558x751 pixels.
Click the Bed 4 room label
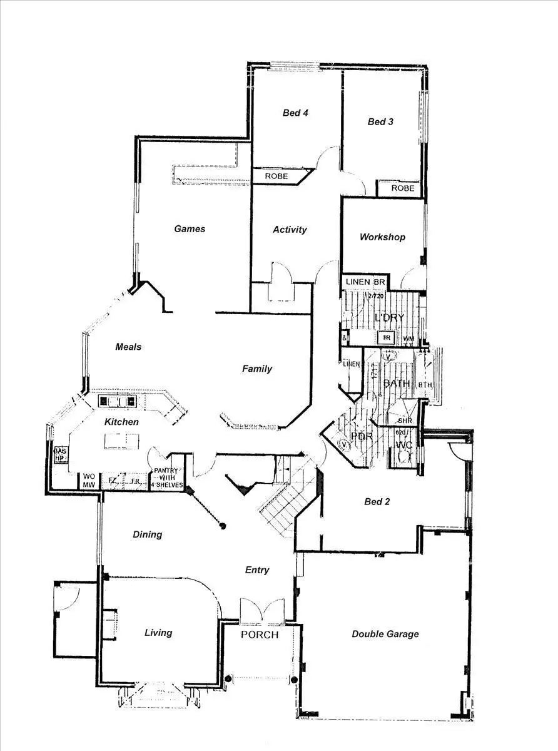(296, 113)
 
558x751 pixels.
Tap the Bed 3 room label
(380, 122)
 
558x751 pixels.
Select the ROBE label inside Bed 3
(402, 188)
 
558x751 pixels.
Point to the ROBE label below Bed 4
(276, 176)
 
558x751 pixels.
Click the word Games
(190, 229)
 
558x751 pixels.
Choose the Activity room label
(290, 230)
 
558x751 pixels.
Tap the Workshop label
(382, 237)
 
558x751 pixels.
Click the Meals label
(128, 347)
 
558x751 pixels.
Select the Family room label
(257, 369)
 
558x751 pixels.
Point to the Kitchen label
(121, 422)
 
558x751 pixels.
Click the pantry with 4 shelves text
(166, 478)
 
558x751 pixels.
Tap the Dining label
(148, 534)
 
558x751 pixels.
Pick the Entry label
(257, 570)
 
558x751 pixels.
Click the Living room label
(158, 633)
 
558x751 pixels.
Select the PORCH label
(260, 635)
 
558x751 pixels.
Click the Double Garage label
(385, 634)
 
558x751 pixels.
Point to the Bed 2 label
(378, 501)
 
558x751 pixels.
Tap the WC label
(405, 445)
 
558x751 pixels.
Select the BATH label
(397, 382)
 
